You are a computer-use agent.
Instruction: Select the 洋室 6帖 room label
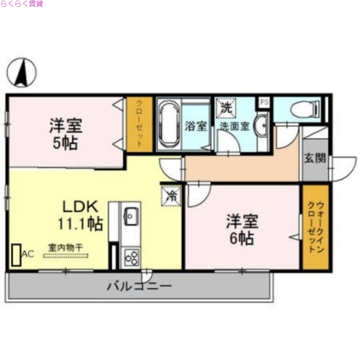(x=242, y=229)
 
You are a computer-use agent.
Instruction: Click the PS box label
(x=264, y=102)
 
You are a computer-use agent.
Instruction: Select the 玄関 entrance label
(x=315, y=158)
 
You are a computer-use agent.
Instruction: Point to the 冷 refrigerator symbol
(x=171, y=195)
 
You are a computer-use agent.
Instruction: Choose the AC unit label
(x=27, y=254)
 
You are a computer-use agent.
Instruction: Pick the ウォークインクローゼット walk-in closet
(x=316, y=227)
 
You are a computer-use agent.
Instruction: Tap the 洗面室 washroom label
(x=234, y=126)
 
